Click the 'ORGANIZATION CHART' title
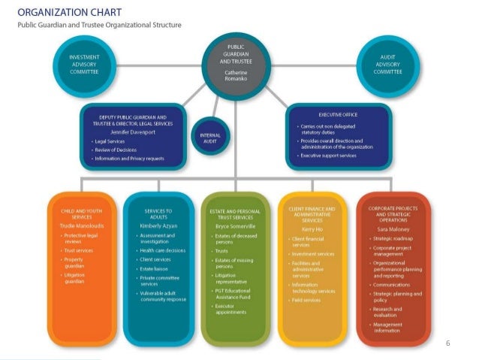click(66, 12)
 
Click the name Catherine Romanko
click(235, 75)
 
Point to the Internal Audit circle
click(210, 138)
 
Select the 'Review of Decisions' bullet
click(116, 150)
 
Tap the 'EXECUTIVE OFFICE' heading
click(338, 114)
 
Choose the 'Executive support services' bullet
click(331, 156)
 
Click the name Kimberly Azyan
click(158, 225)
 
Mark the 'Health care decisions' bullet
click(163, 250)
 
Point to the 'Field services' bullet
click(306, 299)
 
